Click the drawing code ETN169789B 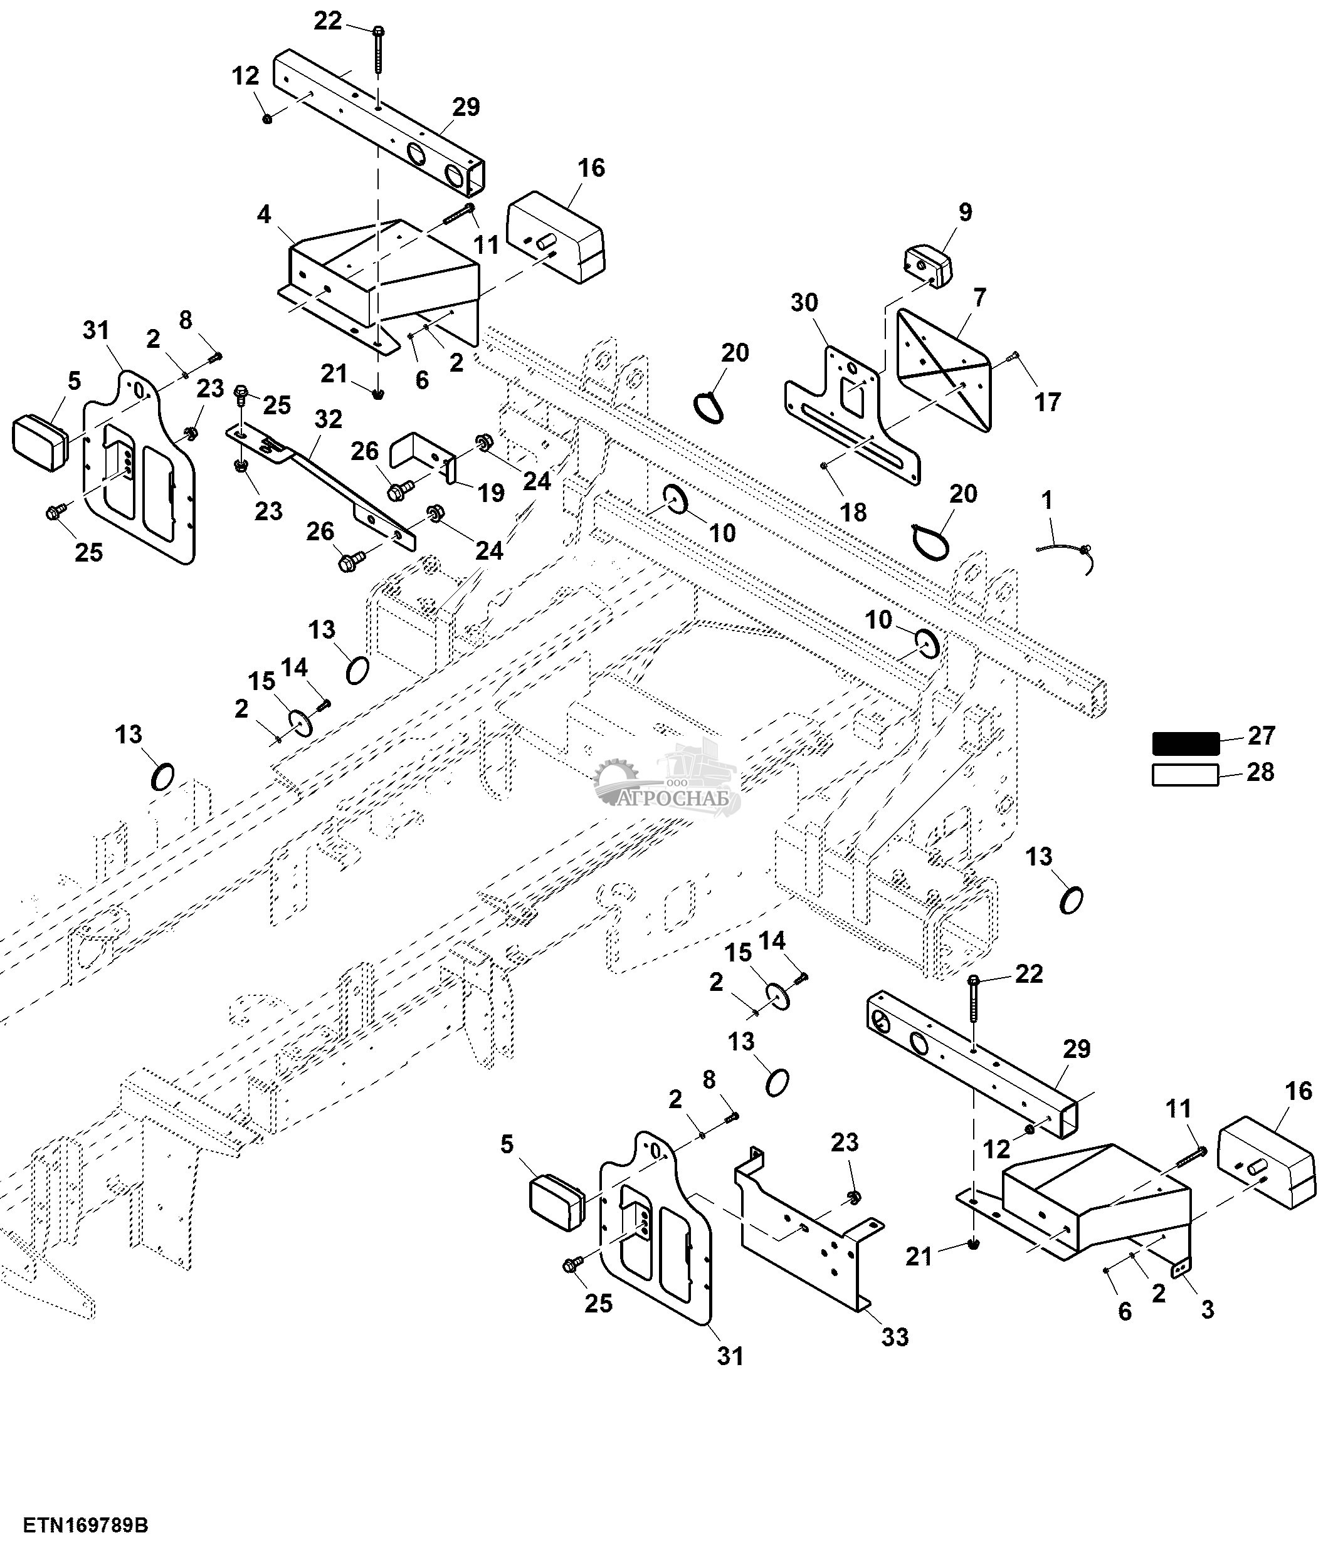pos(85,1526)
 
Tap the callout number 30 pos(804,303)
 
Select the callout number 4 pos(263,214)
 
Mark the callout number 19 pos(492,493)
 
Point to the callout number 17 pos(1048,402)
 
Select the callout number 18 pos(853,512)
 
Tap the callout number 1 pos(1047,500)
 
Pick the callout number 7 pos(980,297)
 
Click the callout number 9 pos(965,212)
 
